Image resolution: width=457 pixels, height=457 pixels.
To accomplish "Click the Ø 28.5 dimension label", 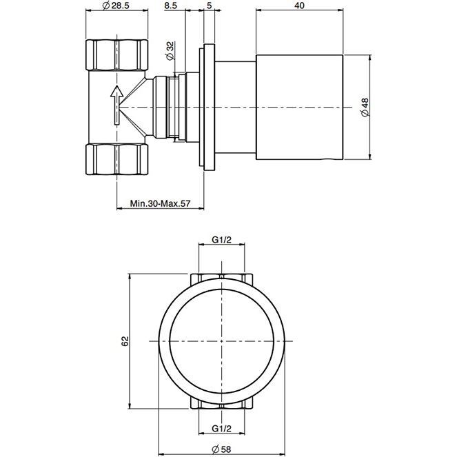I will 116,6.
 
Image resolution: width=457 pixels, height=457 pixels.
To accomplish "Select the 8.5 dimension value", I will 172,6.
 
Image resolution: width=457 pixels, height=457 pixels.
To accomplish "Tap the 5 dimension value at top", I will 209,6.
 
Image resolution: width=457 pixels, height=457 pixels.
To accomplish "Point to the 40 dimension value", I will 299,6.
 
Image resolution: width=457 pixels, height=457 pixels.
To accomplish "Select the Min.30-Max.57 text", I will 160,205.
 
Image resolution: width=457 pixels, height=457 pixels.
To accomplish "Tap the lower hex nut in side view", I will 116,159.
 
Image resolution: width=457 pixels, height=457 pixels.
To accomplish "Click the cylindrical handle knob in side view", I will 300,107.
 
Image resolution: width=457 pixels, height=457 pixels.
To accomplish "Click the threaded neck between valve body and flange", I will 165,107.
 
